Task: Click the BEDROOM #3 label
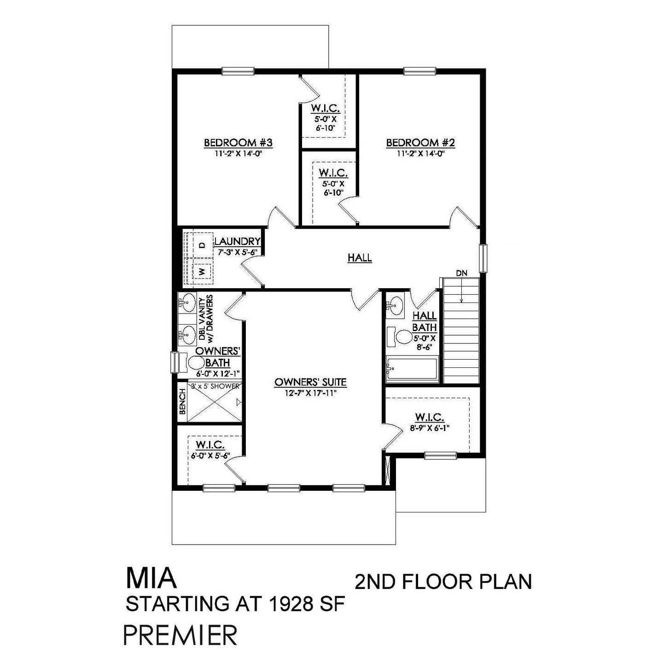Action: pyautogui.click(x=238, y=143)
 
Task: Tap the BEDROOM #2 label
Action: pyautogui.click(x=420, y=143)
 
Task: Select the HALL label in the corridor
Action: pyautogui.click(x=360, y=258)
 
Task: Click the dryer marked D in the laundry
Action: pyautogui.click(x=201, y=244)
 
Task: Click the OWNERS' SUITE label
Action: pyautogui.click(x=310, y=382)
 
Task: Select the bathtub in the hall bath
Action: pyautogui.click(x=411, y=369)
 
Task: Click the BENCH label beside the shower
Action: pyautogui.click(x=182, y=401)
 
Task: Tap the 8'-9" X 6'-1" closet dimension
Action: pyautogui.click(x=429, y=428)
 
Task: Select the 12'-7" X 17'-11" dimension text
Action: pyautogui.click(x=310, y=392)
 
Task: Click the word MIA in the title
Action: pyautogui.click(x=151, y=579)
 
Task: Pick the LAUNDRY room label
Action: pyautogui.click(x=238, y=241)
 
